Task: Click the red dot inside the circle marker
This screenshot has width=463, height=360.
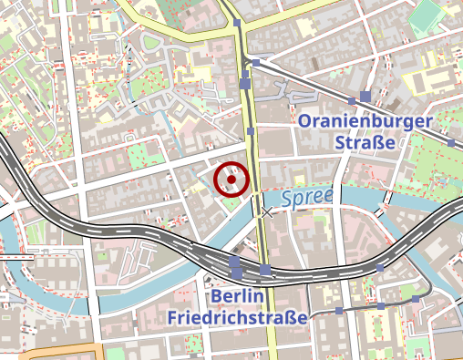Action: coord(232,180)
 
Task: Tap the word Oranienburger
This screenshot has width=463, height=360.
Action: coord(364,120)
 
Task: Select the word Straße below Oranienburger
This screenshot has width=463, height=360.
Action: coord(364,143)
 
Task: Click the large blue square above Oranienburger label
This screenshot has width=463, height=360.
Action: coord(365,97)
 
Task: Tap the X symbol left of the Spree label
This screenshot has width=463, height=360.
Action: coord(267,212)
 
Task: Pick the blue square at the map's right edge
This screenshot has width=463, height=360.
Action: coord(452,143)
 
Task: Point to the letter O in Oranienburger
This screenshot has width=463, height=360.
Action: coord(306,120)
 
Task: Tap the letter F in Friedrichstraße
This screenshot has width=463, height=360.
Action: coord(173,317)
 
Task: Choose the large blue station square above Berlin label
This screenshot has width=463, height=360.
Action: coord(235,267)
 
